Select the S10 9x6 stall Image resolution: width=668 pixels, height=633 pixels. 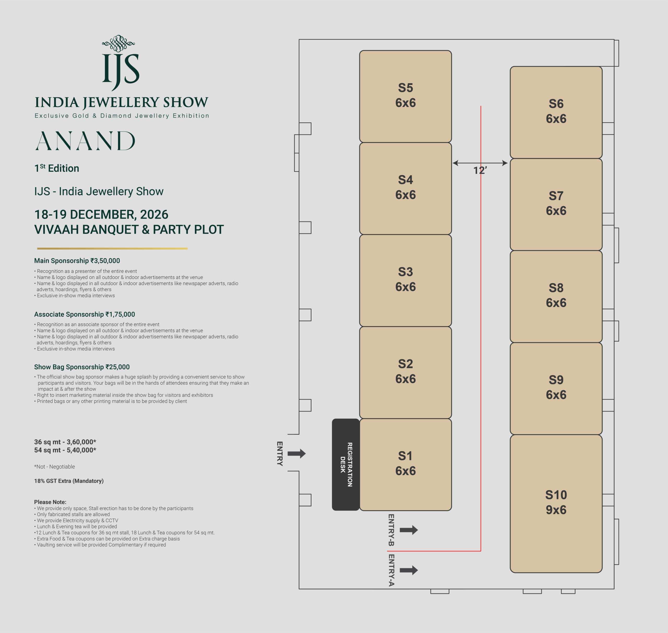tap(556, 503)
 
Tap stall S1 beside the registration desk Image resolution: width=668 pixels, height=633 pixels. tap(405, 464)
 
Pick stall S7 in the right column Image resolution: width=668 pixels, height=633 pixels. tap(556, 204)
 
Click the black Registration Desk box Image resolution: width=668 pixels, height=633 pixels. tap(346, 464)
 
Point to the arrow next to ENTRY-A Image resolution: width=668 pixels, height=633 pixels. tap(409, 570)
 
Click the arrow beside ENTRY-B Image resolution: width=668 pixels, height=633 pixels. tap(409, 530)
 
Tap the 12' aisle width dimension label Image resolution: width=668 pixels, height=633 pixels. tap(480, 171)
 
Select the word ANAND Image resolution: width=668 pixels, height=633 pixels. tap(85, 141)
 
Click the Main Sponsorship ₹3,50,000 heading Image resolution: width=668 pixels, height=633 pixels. tap(77, 261)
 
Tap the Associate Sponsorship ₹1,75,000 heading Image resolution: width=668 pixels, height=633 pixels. tap(84, 314)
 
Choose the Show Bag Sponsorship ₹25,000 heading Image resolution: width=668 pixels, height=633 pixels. tap(82, 367)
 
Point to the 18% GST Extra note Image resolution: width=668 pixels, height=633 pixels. tap(69, 481)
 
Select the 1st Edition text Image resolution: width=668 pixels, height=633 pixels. tap(57, 168)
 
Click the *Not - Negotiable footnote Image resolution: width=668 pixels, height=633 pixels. tap(54, 467)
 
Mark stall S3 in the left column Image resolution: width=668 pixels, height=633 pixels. tap(405, 280)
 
